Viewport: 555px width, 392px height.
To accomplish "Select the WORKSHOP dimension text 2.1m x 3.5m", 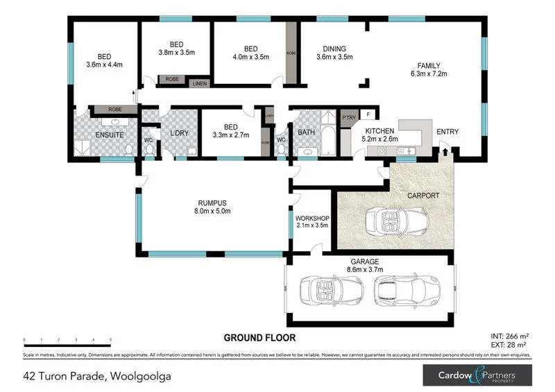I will (x=311, y=225).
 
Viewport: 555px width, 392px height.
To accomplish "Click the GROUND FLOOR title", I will (x=259, y=338).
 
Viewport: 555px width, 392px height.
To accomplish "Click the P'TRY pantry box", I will (x=348, y=117).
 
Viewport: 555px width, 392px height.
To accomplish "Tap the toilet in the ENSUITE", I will (x=128, y=150).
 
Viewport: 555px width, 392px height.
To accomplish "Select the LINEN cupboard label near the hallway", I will (x=200, y=83).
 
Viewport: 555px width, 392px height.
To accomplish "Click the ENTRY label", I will (x=447, y=132).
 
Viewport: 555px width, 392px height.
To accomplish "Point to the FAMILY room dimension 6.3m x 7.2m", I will (x=429, y=73).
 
